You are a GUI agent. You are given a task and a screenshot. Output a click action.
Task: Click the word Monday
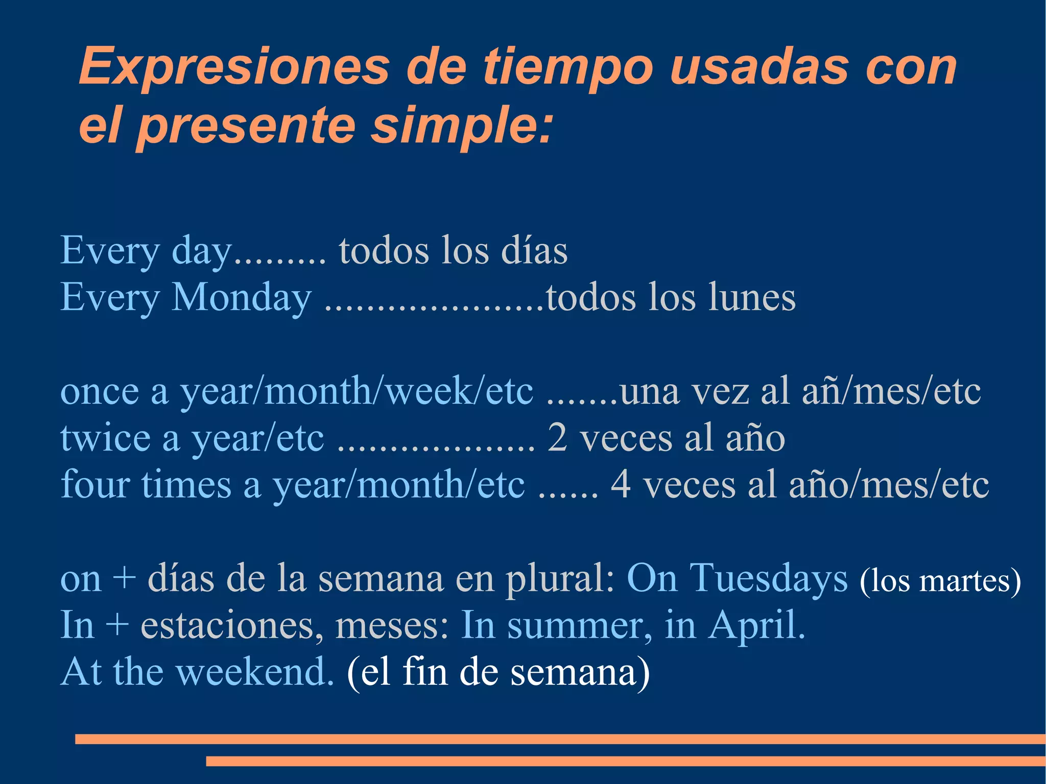click(242, 297)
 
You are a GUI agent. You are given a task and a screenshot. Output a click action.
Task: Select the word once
click(100, 392)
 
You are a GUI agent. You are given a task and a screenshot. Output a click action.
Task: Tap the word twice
click(105, 438)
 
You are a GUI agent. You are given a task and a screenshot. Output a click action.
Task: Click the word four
click(94, 484)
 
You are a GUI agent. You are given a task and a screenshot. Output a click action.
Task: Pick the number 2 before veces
click(557, 438)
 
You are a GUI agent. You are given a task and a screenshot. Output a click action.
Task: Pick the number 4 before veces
click(620, 484)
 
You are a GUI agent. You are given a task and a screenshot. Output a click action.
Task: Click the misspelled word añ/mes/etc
click(891, 392)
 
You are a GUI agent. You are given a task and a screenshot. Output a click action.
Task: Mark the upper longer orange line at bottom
click(560, 739)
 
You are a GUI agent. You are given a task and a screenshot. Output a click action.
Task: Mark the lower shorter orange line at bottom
click(625, 761)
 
